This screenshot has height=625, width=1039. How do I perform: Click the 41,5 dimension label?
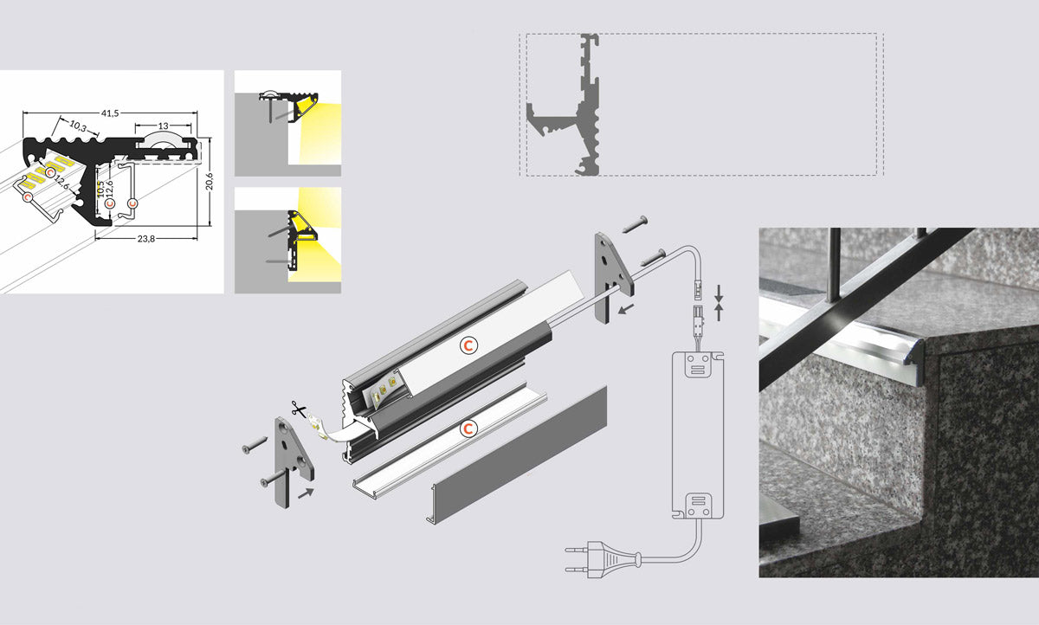pyautogui.click(x=110, y=113)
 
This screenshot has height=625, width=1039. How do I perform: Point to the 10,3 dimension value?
pyautogui.click(x=78, y=126)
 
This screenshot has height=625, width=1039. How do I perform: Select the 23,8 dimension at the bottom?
pyautogui.click(x=146, y=239)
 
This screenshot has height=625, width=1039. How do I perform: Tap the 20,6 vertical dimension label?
pyautogui.click(x=210, y=181)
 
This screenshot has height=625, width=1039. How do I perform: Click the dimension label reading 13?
pyautogui.click(x=164, y=126)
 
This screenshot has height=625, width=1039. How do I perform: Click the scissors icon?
pyautogui.click(x=298, y=409)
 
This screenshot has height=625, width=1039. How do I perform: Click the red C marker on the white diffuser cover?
pyautogui.click(x=468, y=345)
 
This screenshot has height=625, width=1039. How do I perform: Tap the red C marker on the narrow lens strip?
pyautogui.click(x=468, y=428)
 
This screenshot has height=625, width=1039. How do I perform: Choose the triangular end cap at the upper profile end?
pyautogui.click(x=612, y=277)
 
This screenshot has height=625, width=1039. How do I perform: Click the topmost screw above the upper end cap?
pyautogui.click(x=635, y=224)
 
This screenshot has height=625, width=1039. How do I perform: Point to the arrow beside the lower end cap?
pyautogui.click(x=306, y=493)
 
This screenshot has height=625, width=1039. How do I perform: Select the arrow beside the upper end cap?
pyautogui.click(x=626, y=309)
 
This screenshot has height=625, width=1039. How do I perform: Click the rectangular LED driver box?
pyautogui.click(x=698, y=435)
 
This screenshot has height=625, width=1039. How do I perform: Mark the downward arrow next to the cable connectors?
pyautogui.click(x=719, y=293)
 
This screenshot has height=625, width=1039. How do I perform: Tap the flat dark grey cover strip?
pyautogui.click(x=517, y=454)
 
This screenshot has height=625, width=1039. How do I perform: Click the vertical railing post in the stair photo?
pyautogui.click(x=835, y=265)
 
